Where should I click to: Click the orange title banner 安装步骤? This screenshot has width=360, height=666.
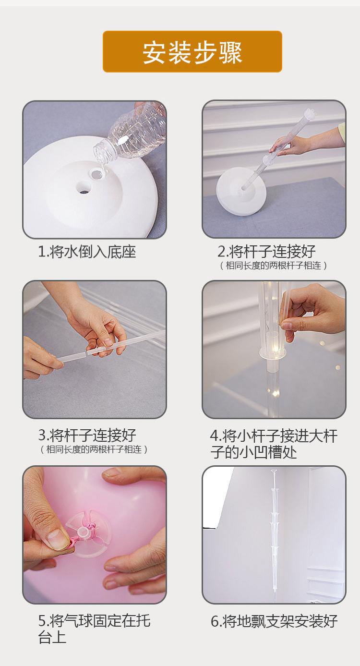(x=192, y=51)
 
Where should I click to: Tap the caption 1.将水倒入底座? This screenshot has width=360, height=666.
(x=87, y=252)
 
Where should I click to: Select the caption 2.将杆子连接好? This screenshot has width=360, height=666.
(x=266, y=252)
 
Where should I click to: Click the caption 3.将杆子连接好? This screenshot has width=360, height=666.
(x=87, y=436)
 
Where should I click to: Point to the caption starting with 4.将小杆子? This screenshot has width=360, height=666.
(x=274, y=444)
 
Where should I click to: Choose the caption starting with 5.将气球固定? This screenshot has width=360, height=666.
(x=94, y=629)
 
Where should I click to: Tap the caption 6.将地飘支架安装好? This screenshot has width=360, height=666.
(x=274, y=621)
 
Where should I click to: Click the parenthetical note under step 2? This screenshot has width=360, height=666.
(x=273, y=265)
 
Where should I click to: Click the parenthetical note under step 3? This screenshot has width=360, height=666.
(x=94, y=449)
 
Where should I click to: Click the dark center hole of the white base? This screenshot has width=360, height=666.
(x=84, y=189)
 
